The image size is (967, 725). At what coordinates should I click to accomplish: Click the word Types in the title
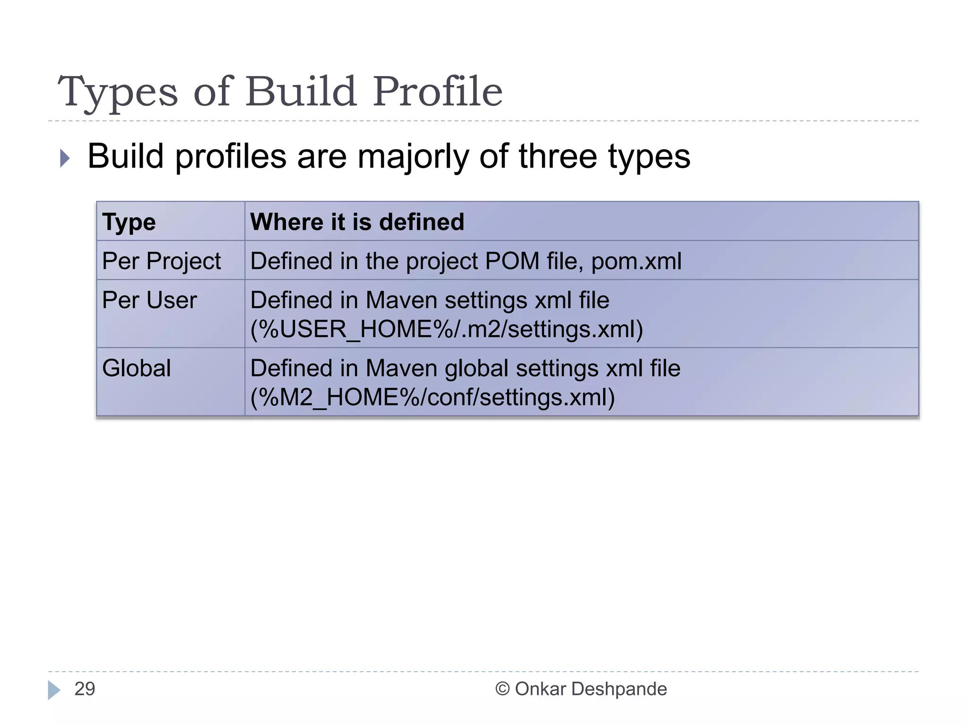point(118,93)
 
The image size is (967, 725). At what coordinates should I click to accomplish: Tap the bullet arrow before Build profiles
point(65,158)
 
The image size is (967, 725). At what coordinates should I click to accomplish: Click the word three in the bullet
point(558,156)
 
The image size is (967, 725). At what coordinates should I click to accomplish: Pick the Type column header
point(129,222)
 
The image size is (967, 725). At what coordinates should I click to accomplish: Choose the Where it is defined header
point(357,222)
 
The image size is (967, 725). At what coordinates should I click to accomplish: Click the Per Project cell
point(161,261)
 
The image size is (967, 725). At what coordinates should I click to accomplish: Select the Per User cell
point(149,300)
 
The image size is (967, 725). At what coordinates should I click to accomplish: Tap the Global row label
point(136,368)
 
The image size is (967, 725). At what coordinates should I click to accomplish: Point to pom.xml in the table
point(636,261)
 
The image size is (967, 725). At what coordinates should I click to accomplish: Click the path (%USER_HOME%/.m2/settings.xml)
point(446,329)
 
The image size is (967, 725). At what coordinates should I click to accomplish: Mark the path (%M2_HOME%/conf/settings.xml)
point(432,397)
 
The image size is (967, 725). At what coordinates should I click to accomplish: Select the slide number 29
point(85,689)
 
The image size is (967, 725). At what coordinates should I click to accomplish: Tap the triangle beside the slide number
point(54,690)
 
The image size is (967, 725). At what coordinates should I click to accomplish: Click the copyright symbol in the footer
point(502,689)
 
